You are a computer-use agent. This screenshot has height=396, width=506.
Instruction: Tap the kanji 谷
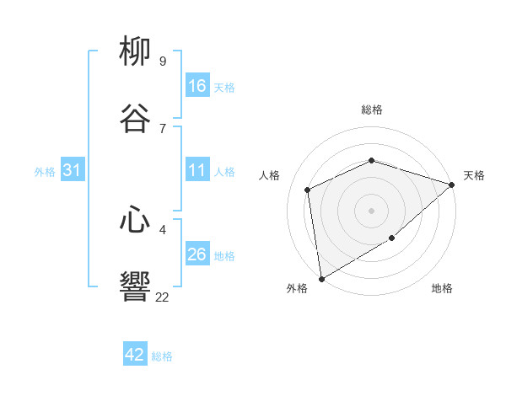[x=135, y=118]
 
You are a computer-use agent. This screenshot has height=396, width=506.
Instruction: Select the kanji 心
[x=135, y=220]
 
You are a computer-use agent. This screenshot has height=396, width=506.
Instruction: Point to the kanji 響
[x=135, y=287]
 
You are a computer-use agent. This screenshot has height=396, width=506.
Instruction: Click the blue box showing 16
[x=197, y=86]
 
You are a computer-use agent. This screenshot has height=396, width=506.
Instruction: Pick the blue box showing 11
[x=197, y=170]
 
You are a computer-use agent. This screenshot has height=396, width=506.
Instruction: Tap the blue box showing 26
[x=197, y=254]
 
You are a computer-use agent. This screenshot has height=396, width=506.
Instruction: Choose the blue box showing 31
[x=73, y=170]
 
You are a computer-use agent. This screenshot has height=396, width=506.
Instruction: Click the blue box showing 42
[x=135, y=355]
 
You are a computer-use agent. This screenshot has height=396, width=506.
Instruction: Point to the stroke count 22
[x=162, y=297]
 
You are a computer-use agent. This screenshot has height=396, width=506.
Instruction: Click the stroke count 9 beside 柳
[x=162, y=61]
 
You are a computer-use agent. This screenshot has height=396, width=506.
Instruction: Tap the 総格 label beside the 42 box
[x=162, y=356]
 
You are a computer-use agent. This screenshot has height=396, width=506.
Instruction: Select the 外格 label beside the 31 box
[x=45, y=172]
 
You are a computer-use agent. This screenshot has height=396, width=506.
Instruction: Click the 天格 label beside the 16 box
[x=224, y=88]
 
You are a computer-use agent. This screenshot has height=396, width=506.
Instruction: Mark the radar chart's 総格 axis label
[x=372, y=110]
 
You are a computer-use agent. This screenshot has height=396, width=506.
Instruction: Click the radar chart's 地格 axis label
[x=442, y=289]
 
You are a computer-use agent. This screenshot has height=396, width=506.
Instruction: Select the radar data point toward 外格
[x=321, y=278]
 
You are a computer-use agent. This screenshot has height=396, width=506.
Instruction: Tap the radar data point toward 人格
[x=308, y=190]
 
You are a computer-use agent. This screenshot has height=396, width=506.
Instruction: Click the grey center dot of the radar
[x=371, y=210]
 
